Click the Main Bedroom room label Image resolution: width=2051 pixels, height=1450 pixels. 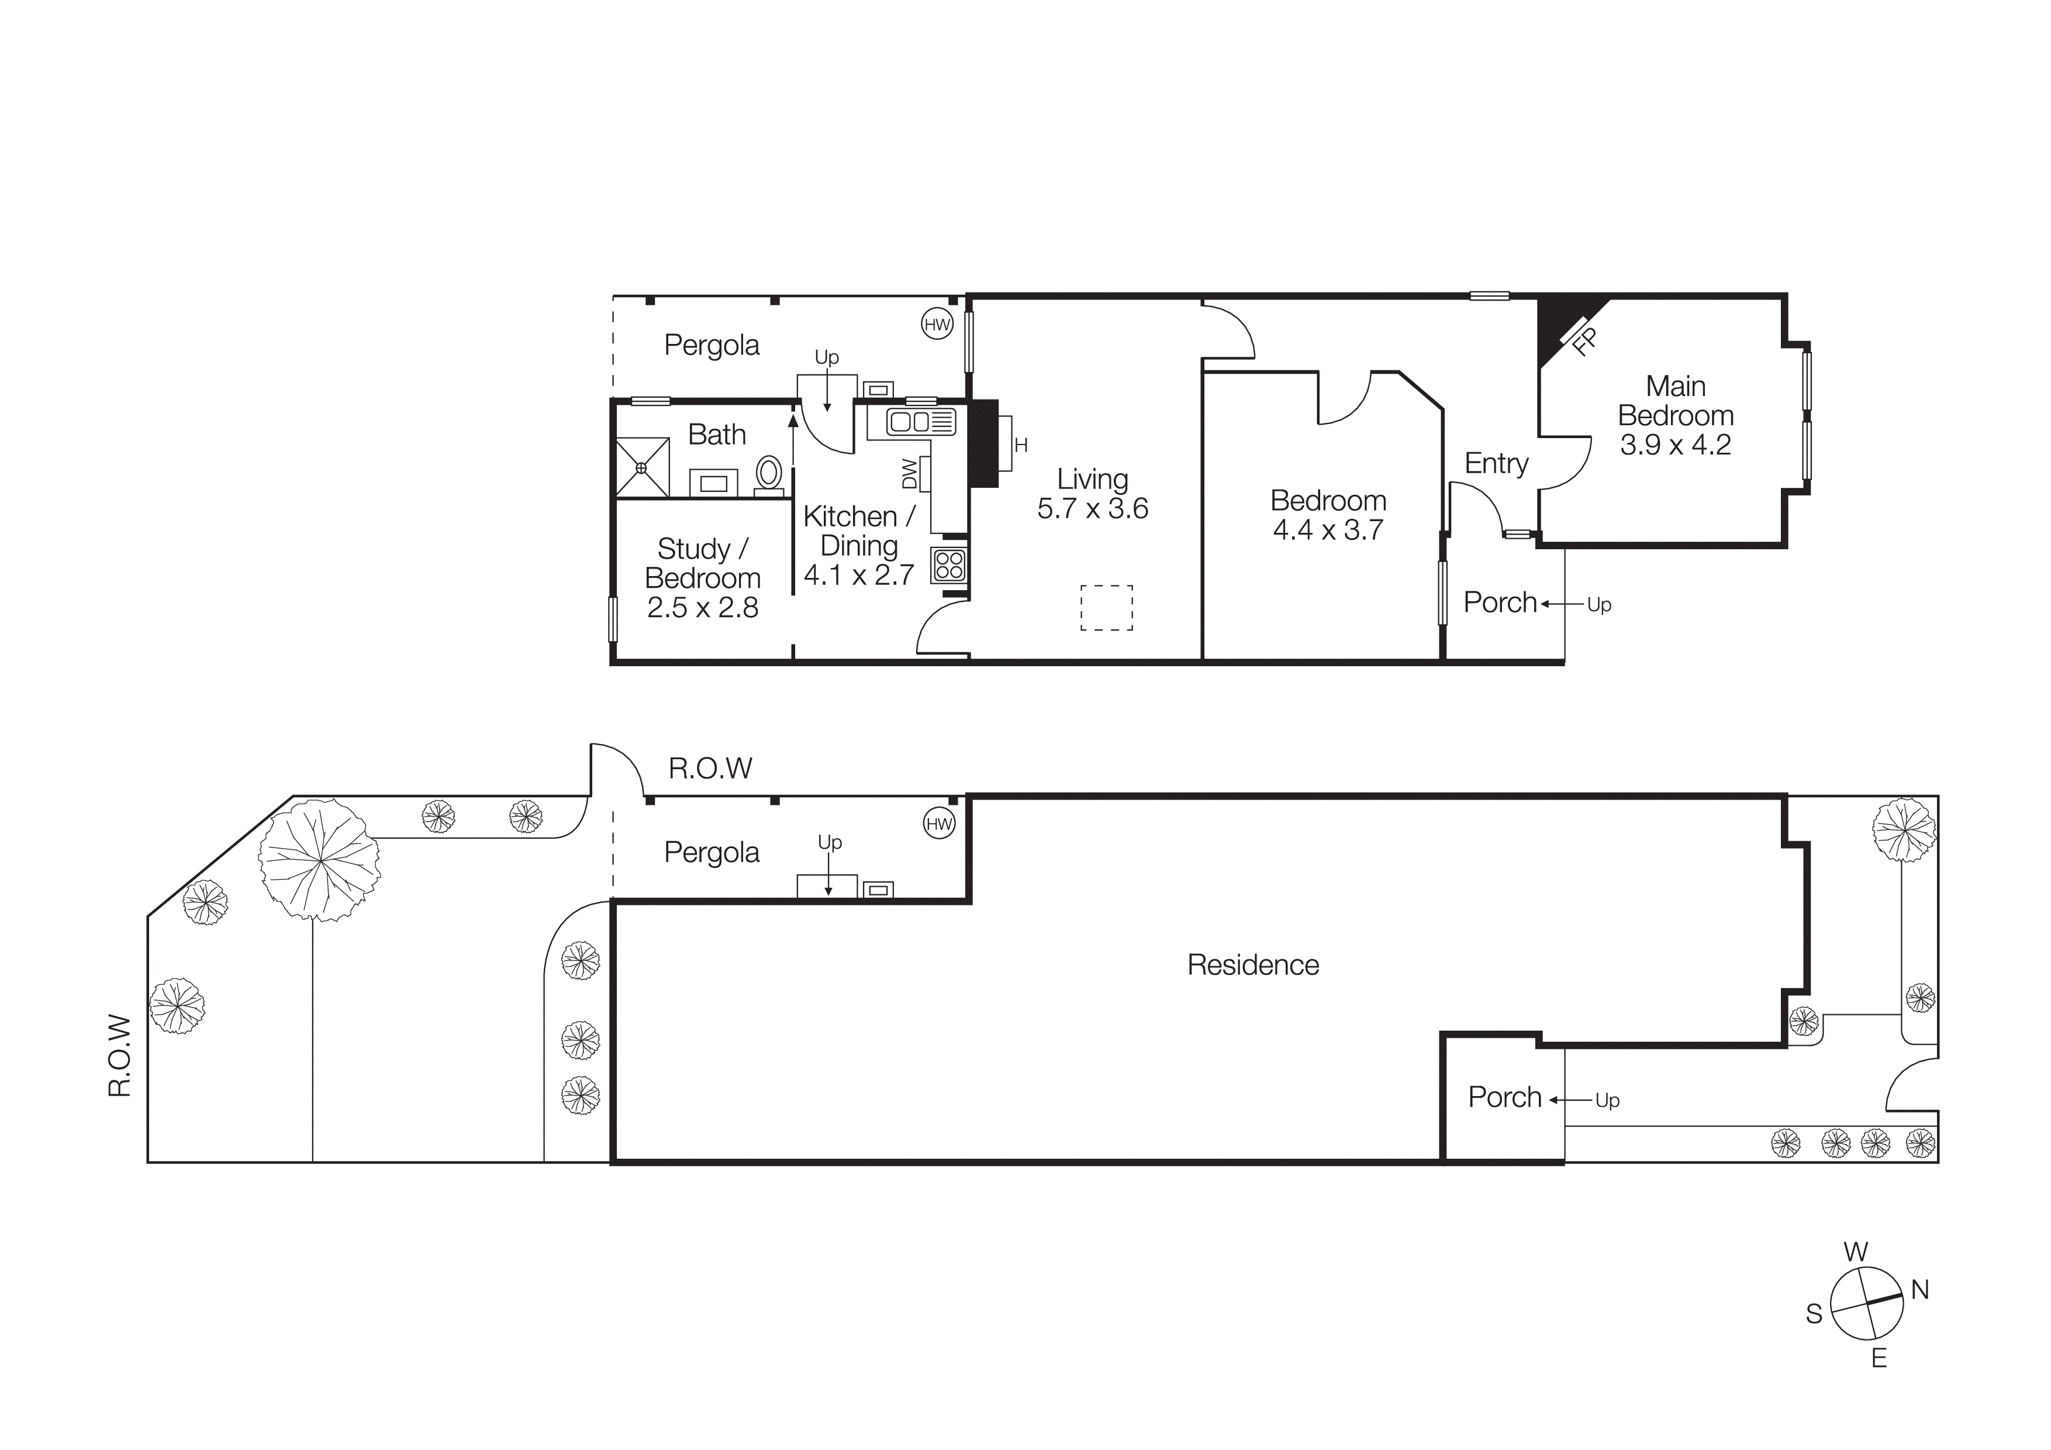pyautogui.click(x=1675, y=415)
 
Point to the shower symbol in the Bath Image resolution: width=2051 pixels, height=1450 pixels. pyautogui.click(x=641, y=466)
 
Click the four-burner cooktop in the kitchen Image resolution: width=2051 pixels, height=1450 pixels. pyautogui.click(x=949, y=564)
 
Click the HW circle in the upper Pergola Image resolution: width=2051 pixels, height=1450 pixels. pyautogui.click(x=937, y=324)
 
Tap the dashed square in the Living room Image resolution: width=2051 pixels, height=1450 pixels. pyautogui.click(x=1106, y=608)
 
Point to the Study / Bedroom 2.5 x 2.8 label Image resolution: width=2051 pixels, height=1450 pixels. pyautogui.click(x=702, y=577)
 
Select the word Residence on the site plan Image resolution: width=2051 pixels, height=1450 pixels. pyautogui.click(x=1252, y=965)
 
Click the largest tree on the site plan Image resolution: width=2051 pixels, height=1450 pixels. pyautogui.click(x=320, y=859)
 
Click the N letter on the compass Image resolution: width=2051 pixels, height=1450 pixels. pyautogui.click(x=1919, y=1289)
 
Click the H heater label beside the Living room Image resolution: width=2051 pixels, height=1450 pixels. pyautogui.click(x=1021, y=445)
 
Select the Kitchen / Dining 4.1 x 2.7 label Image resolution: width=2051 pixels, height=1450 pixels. pyautogui.click(x=858, y=545)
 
